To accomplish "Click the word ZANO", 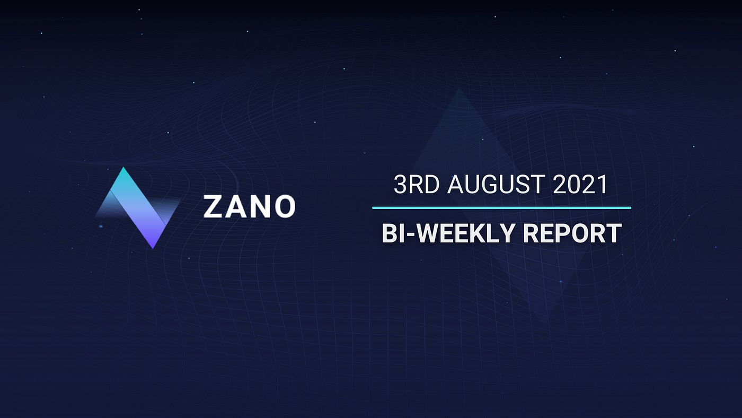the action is pyautogui.click(x=249, y=206).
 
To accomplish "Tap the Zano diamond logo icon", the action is pyautogui.click(x=138, y=208).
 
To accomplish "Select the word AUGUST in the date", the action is pyautogui.click(x=496, y=184).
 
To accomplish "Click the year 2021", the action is pyautogui.click(x=580, y=184).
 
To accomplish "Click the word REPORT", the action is pyautogui.click(x=572, y=233).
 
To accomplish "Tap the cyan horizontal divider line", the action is pyautogui.click(x=501, y=208).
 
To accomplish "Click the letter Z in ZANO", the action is pyautogui.click(x=213, y=206).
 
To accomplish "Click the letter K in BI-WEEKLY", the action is pyautogui.click(x=482, y=233).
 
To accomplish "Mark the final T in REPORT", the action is pyautogui.click(x=614, y=233).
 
